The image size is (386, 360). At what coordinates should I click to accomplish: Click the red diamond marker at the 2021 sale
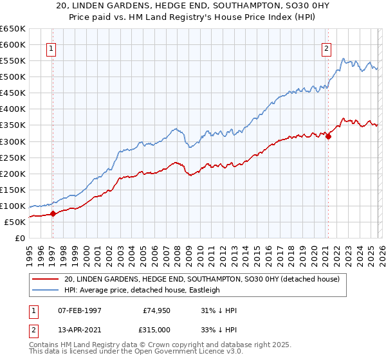(328, 136)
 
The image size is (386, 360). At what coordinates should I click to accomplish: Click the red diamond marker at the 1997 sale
(53, 214)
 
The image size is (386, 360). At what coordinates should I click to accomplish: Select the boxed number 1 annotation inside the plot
(51, 47)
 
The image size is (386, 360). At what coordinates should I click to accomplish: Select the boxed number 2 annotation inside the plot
(326, 47)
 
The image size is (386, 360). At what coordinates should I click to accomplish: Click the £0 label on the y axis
(20, 238)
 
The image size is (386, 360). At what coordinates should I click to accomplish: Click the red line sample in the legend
(46, 279)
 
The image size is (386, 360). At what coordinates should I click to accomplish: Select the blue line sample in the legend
(46, 290)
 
